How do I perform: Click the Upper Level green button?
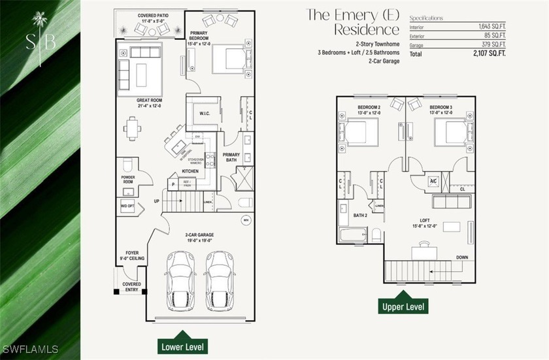click(405, 305)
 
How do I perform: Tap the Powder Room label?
click(128, 179)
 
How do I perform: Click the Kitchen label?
click(190, 172)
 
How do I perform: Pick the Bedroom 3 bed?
click(454, 133)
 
